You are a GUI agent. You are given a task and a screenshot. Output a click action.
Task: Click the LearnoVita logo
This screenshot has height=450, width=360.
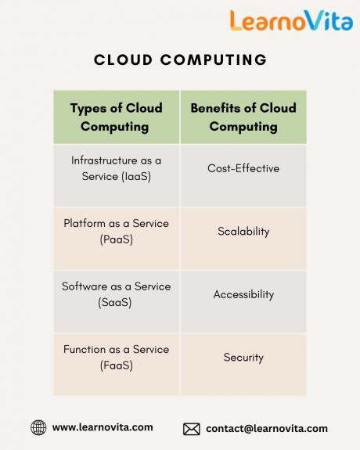coord(291,20)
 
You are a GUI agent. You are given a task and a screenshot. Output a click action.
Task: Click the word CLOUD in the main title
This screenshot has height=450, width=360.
coord(123,60)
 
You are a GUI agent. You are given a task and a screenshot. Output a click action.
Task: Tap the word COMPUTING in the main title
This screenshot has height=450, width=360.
coord(214,60)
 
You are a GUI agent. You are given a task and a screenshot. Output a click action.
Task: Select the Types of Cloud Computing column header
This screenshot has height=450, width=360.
coord(117,117)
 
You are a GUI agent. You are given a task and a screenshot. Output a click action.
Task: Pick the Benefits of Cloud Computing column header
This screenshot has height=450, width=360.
coord(243,117)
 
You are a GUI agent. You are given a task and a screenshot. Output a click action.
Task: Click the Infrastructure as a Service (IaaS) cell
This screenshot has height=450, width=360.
coord(117,175)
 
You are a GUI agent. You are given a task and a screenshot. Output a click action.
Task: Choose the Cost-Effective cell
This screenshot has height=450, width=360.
coord(243,175)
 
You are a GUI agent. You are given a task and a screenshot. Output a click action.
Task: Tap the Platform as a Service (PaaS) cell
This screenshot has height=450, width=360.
coord(117,239)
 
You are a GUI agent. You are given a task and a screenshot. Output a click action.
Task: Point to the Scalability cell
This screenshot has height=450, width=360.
coord(243,239)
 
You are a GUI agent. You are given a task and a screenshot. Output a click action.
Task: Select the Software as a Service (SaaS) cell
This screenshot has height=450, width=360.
coord(117,301)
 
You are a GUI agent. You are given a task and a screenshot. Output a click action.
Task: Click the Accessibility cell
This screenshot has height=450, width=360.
coord(243,301)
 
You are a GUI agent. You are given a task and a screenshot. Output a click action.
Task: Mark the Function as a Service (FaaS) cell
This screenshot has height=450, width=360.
coord(117,365)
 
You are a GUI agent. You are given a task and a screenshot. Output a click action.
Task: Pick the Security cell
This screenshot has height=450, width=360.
coord(243,365)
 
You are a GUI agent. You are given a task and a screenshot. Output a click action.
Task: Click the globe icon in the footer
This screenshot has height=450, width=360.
coord(38,427)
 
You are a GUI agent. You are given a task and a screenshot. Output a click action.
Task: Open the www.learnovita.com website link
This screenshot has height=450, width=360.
coord(103,427)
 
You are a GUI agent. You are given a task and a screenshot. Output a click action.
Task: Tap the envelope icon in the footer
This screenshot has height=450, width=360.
coord(192,430)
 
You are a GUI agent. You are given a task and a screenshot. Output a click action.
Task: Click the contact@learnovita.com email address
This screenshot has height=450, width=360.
coord(267,428)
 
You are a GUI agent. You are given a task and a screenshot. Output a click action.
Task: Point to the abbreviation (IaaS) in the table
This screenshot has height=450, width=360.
coord(136,176)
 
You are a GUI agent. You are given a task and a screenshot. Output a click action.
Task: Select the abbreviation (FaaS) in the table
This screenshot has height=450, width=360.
coord(117,365)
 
